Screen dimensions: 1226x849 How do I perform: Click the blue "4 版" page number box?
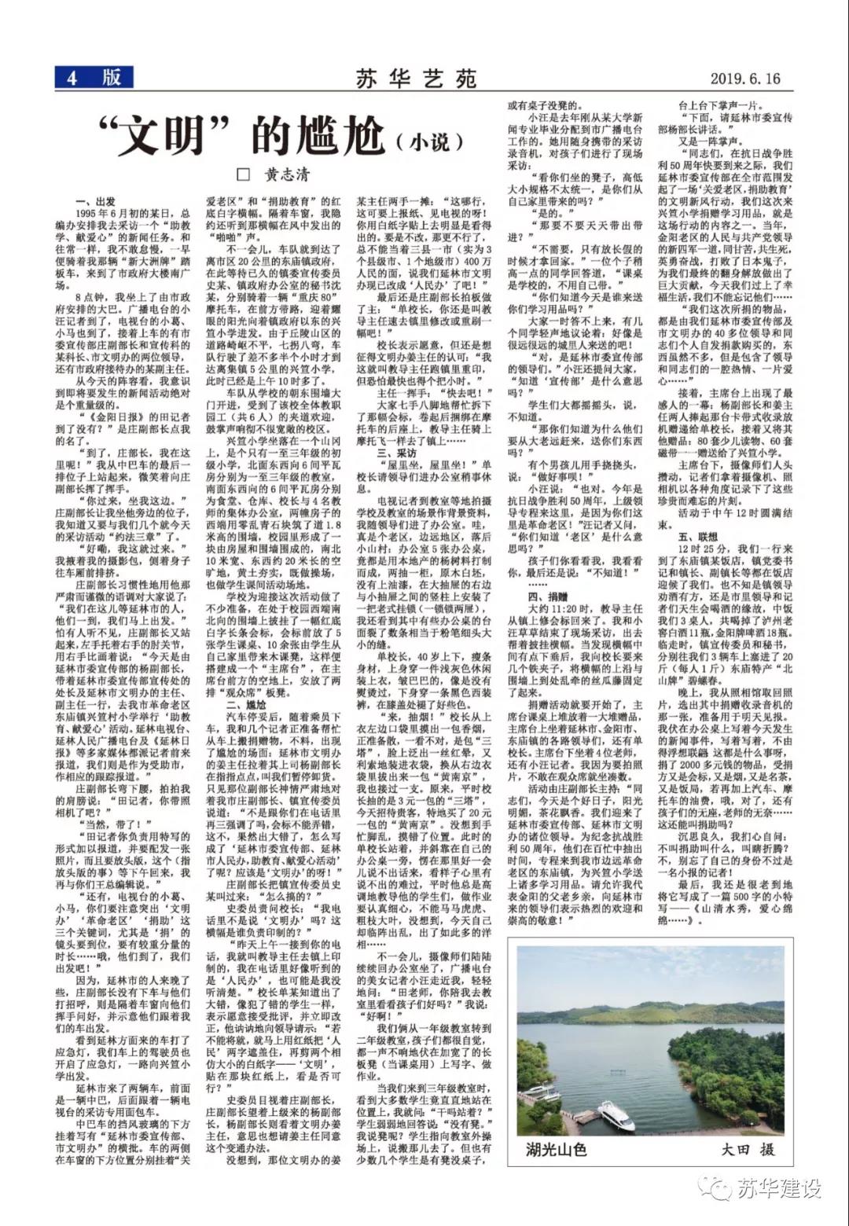[x=94, y=77]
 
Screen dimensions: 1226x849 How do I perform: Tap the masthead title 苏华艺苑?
[x=416, y=79]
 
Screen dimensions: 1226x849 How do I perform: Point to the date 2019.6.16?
[x=744, y=79]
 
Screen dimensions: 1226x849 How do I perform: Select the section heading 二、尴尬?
[x=245, y=707]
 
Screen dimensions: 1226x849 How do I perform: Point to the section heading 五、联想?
[x=698, y=536]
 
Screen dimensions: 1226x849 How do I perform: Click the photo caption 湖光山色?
[x=557, y=1149]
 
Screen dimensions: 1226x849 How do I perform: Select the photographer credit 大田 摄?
[x=748, y=1149]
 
